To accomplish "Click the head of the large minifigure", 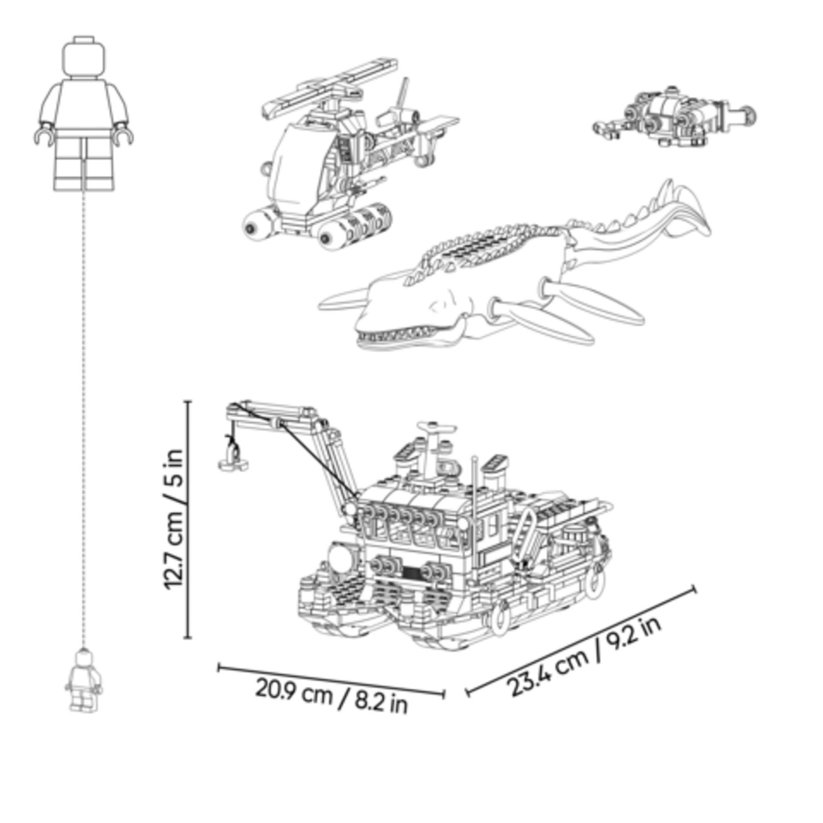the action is tap(84, 57).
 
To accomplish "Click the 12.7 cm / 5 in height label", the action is tap(174, 519).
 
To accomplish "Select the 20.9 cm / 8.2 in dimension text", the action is tap(332, 699).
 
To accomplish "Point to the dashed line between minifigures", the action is tap(84, 420).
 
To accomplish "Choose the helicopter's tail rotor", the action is tap(400, 109).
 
